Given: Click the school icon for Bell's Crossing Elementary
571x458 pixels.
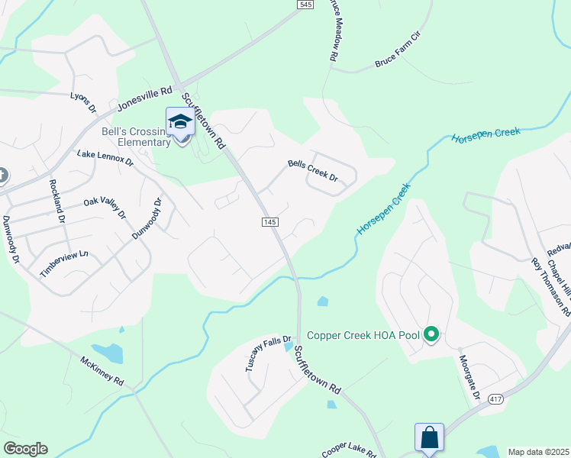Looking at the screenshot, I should [180, 122].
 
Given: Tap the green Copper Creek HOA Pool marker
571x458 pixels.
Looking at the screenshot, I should [431, 335].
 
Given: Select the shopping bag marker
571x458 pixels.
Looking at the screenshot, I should [429, 438].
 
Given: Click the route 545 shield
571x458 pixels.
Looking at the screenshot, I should [305, 5].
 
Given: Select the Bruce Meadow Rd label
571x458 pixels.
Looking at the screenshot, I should [334, 34].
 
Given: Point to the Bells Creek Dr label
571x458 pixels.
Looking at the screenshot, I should [312, 169].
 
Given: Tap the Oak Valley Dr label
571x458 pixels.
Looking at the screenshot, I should [105, 205].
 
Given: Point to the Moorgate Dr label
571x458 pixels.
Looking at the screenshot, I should [469, 378].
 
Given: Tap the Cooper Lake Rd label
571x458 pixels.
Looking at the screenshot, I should [349, 449].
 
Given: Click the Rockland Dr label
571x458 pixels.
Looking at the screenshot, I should [57, 200].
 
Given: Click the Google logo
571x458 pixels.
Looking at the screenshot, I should [25, 449].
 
